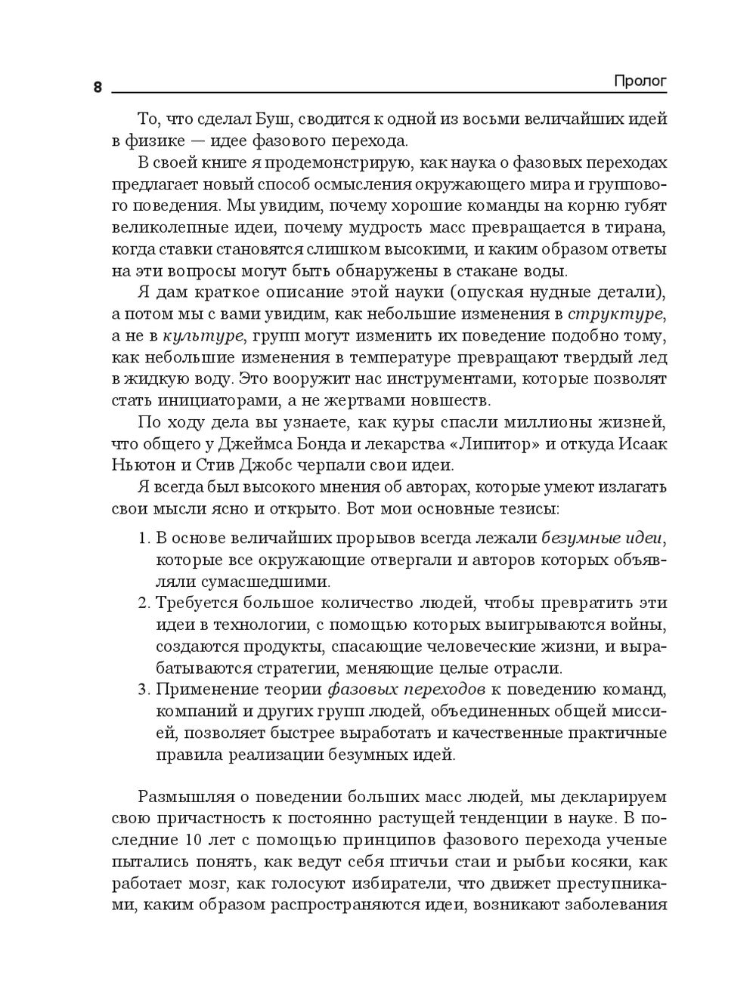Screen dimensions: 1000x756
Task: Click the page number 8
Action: coord(98,87)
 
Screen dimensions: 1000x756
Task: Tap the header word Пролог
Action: coord(640,81)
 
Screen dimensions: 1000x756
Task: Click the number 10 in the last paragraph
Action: coord(194,841)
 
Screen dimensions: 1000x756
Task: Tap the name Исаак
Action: coord(641,443)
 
